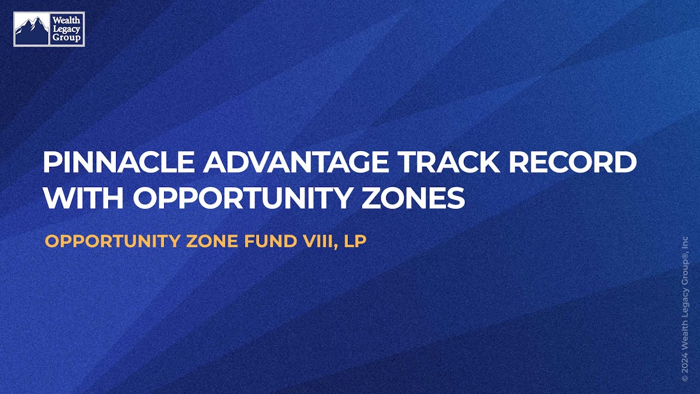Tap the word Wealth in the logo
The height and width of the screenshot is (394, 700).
(x=66, y=20)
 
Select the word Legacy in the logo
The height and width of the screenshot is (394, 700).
(x=66, y=29)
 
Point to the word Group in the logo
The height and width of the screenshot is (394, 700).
(x=66, y=38)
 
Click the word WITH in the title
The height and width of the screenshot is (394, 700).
(x=83, y=198)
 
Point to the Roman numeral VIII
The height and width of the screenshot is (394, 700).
(x=315, y=241)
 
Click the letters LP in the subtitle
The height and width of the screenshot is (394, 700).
(x=354, y=241)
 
